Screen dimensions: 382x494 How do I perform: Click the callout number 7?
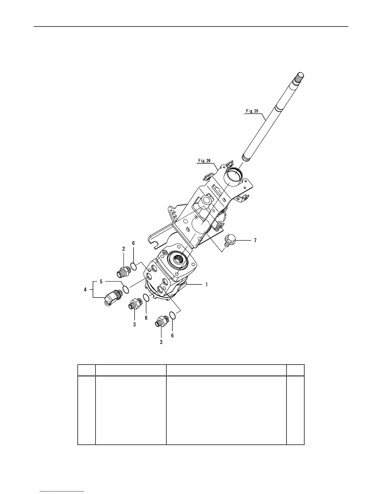point(255,240)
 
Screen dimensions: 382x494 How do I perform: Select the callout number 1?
point(207,284)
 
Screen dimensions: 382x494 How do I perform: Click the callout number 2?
point(124,249)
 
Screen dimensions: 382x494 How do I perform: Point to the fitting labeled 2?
point(123,271)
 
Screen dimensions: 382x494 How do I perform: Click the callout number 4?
point(85,290)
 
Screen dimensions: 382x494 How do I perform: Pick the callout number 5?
point(101,281)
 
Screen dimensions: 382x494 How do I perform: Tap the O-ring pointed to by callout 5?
point(126,289)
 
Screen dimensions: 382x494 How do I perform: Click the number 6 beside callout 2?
point(133,243)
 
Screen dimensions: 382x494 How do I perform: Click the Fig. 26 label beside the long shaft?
point(252,111)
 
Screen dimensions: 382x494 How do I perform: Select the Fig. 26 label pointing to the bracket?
point(204,161)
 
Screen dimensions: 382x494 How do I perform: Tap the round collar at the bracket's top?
point(234,173)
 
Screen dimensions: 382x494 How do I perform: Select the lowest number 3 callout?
point(161,342)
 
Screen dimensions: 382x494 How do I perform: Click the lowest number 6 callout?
point(172,336)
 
